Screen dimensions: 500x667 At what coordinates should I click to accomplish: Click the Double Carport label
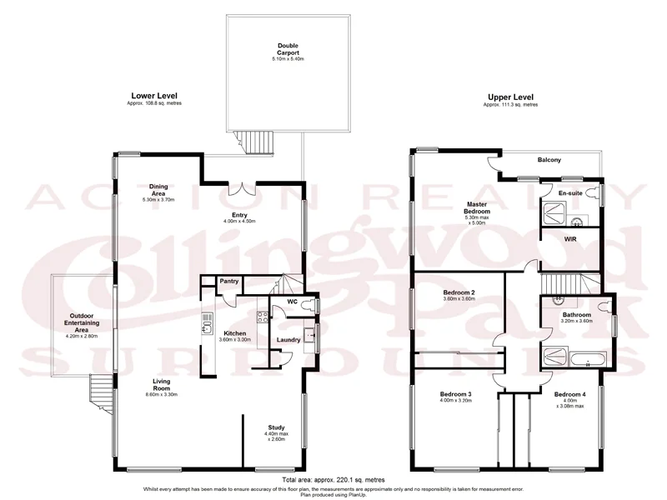(288, 49)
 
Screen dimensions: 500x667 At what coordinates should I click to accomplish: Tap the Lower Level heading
(154, 96)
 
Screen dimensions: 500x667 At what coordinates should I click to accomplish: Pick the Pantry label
(230, 282)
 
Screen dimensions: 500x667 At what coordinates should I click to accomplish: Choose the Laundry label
(288, 339)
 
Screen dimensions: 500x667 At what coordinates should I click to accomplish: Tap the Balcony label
(549, 159)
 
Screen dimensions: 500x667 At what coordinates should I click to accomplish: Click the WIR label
(571, 239)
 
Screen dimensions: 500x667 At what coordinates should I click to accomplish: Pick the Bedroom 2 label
(459, 292)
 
